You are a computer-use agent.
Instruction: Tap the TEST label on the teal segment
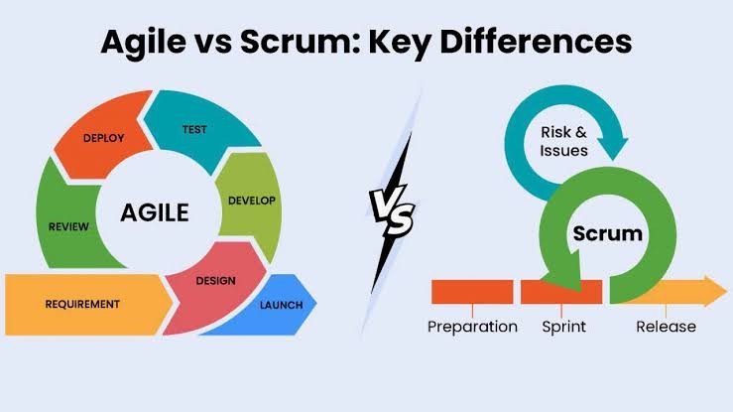[x=194, y=130]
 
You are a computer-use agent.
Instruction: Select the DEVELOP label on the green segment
[x=252, y=201]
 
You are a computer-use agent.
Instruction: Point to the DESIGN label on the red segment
[x=215, y=280]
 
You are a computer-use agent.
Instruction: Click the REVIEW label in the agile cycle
[x=68, y=227]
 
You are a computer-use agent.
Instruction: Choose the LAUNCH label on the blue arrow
[x=281, y=305]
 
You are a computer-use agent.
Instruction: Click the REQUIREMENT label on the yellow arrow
[x=82, y=304]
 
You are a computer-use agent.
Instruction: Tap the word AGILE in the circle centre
[x=155, y=212]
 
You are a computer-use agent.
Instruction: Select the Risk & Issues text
[x=563, y=141]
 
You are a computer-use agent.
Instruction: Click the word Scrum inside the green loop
[x=607, y=235]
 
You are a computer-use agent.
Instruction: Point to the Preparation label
[x=472, y=327]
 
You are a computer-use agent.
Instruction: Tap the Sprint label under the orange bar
[x=564, y=327]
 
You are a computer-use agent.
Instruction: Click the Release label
[x=666, y=327]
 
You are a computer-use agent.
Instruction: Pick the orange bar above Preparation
[x=472, y=292]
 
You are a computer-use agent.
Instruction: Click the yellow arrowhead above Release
[x=713, y=291]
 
